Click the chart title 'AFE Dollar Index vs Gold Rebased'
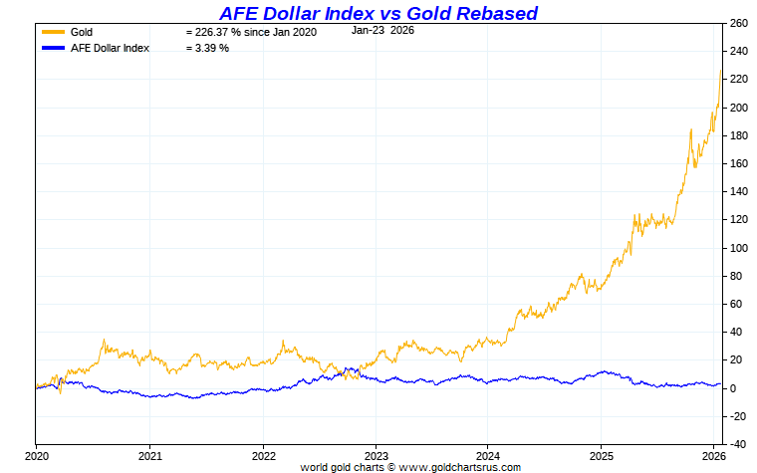378,13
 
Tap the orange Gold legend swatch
54,32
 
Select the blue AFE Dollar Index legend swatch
54,48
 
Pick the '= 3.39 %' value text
207,48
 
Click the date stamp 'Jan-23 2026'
382,30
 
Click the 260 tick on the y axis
738,23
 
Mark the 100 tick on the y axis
738,248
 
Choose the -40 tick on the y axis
738,444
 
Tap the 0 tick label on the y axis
732,388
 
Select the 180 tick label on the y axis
738,135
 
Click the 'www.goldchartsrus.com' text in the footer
459,466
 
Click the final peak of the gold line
720,71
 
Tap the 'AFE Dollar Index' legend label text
111,48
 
